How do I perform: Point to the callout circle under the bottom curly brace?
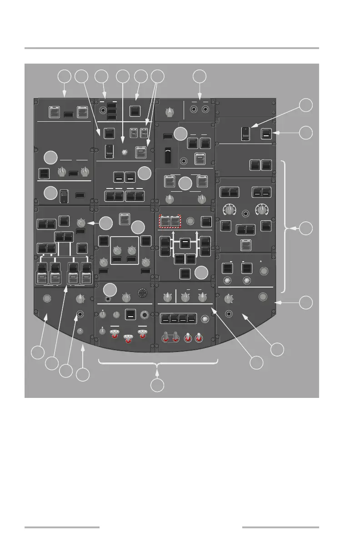(157, 386)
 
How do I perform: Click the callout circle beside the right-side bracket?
(307, 228)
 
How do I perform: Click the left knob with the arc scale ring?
(230, 209)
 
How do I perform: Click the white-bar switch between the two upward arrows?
(185, 243)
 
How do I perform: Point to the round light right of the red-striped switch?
(191, 222)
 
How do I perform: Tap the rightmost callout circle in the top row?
(199, 76)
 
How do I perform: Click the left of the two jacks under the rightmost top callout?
(194, 109)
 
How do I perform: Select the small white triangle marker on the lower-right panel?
(260, 261)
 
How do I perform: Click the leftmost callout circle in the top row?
(65, 76)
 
